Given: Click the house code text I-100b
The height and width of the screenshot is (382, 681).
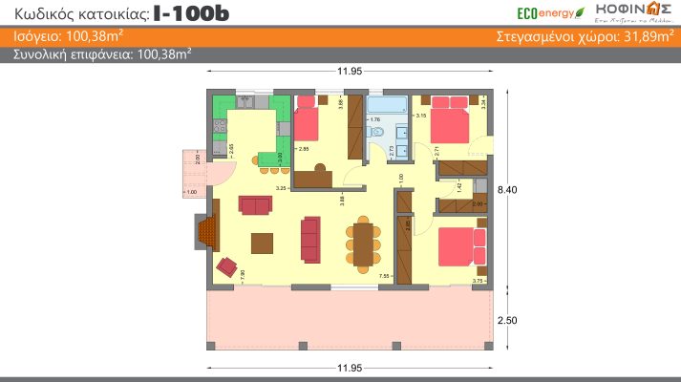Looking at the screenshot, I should click(191, 13).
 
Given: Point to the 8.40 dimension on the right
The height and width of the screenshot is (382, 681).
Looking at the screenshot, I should click(507, 190).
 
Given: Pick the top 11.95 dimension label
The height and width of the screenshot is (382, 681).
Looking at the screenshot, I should click(349, 73).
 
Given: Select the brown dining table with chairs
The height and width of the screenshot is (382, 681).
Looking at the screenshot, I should click(363, 244).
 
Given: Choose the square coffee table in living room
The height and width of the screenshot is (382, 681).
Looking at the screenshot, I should click(262, 243).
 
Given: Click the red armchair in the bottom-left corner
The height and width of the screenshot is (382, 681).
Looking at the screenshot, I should click(227, 266).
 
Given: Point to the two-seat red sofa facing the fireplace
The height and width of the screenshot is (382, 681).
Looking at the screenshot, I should click(255, 204).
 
